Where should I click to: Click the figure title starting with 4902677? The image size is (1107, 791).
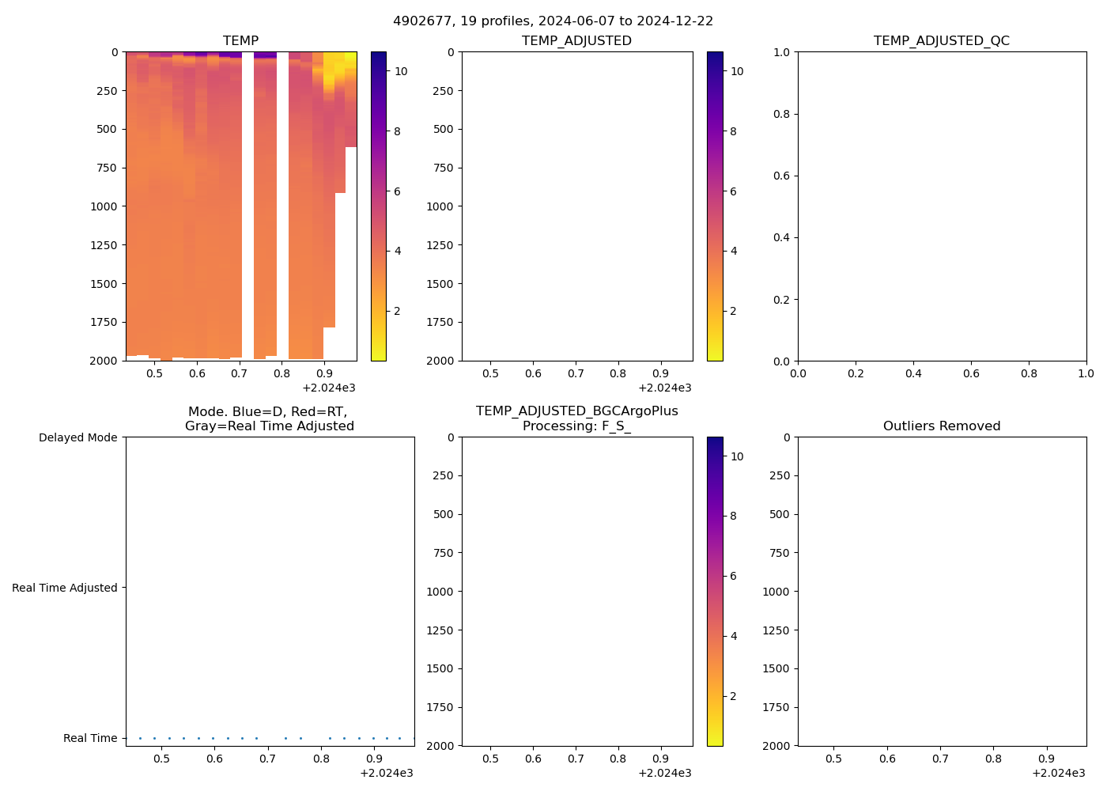pyautogui.click(x=553, y=21)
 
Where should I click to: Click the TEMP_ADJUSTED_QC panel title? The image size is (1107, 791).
pyautogui.click(x=941, y=41)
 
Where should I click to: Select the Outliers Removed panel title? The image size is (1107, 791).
pyautogui.click(x=941, y=426)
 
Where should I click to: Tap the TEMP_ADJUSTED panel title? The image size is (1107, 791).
pyautogui.click(x=576, y=41)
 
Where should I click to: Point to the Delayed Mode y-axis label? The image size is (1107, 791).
pyautogui.click(x=77, y=438)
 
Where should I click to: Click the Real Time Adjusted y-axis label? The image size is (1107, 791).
pyautogui.click(x=64, y=588)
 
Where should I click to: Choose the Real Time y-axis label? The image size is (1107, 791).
pyautogui.click(x=90, y=738)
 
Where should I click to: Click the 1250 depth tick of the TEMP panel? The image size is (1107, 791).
pyautogui.click(x=104, y=245)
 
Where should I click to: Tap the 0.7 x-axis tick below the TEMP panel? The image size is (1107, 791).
pyautogui.click(x=240, y=374)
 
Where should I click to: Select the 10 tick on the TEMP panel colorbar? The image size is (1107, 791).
pyautogui.click(x=401, y=71)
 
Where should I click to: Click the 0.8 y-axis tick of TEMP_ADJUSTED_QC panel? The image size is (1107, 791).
pyautogui.click(x=781, y=114)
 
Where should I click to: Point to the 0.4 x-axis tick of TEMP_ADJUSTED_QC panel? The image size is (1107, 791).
pyautogui.click(x=913, y=374)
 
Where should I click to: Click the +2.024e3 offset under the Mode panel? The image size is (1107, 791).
pyautogui.click(x=386, y=774)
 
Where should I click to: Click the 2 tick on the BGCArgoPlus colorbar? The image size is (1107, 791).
pyautogui.click(x=733, y=696)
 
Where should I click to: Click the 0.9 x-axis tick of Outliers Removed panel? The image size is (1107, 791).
pyautogui.click(x=1046, y=759)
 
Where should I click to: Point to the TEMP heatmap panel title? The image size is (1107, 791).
pyautogui.click(x=240, y=41)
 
